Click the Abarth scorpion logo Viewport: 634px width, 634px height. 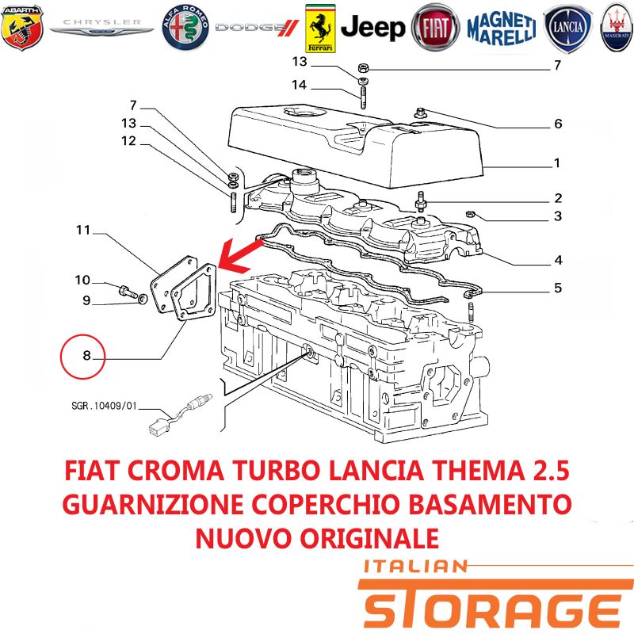click(22, 28)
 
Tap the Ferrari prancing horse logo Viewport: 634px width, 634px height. click(320, 29)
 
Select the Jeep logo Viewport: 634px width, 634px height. click(372, 28)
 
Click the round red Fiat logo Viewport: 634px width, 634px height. click(435, 28)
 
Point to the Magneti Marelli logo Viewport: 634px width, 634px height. click(502, 29)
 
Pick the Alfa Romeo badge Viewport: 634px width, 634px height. click(185, 28)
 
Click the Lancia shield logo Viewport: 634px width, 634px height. click(567, 29)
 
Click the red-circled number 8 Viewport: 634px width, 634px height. click(83, 356)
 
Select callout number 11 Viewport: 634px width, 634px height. click(83, 230)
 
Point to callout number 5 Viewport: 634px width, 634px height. click(558, 288)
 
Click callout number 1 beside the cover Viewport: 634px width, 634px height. click(557, 163)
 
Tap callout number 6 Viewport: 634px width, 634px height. click(558, 124)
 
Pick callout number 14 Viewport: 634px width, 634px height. click(300, 85)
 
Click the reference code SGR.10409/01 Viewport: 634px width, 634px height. click(105, 406)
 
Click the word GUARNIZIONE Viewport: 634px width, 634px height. click(153, 505)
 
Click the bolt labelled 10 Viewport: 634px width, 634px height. click(128, 292)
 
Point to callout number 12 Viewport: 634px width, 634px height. click(128, 141)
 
